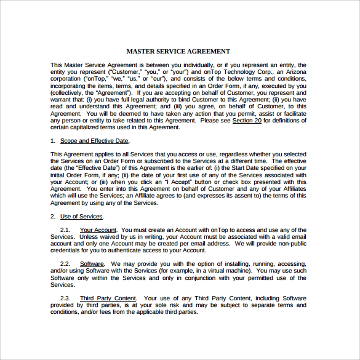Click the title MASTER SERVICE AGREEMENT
178,52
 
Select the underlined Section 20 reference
247,121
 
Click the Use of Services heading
82,217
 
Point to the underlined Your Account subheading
98,230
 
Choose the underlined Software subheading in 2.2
92,263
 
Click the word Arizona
293,72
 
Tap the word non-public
288,244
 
